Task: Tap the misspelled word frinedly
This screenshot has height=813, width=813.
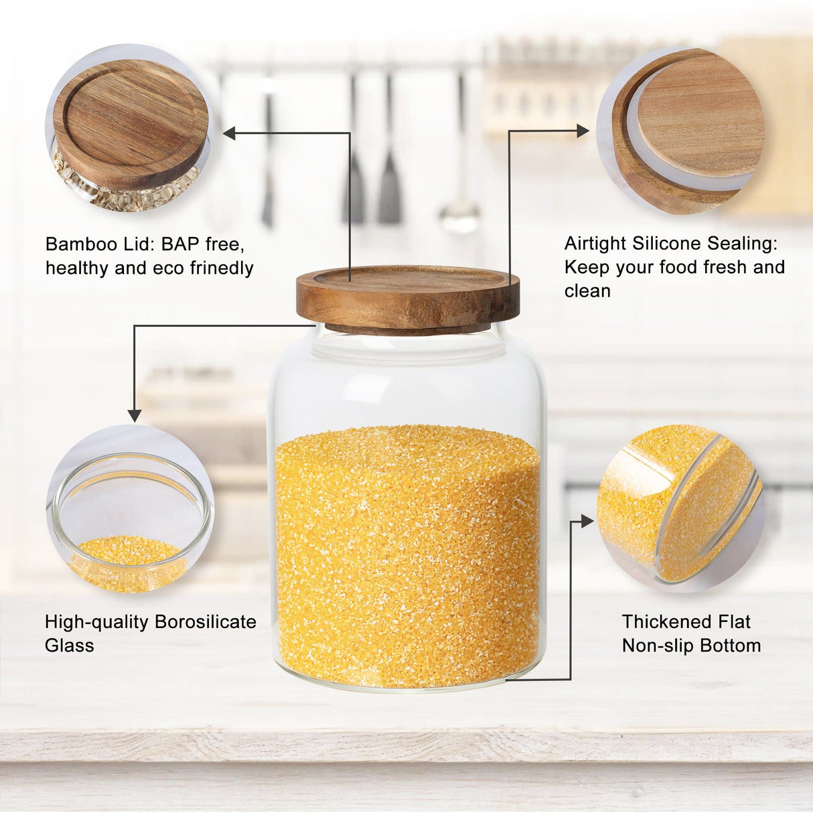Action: point(221,268)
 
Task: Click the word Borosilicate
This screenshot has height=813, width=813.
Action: point(206,621)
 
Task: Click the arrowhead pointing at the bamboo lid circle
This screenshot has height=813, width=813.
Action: point(230,134)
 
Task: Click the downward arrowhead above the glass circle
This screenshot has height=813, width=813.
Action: point(135,415)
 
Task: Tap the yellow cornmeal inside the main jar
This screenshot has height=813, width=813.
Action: point(407,556)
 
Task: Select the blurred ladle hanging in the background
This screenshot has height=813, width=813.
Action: point(460,214)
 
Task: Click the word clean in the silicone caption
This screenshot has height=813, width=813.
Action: point(587,291)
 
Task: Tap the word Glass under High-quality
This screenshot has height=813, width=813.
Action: point(69,646)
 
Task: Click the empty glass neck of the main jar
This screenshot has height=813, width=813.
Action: point(407,382)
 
